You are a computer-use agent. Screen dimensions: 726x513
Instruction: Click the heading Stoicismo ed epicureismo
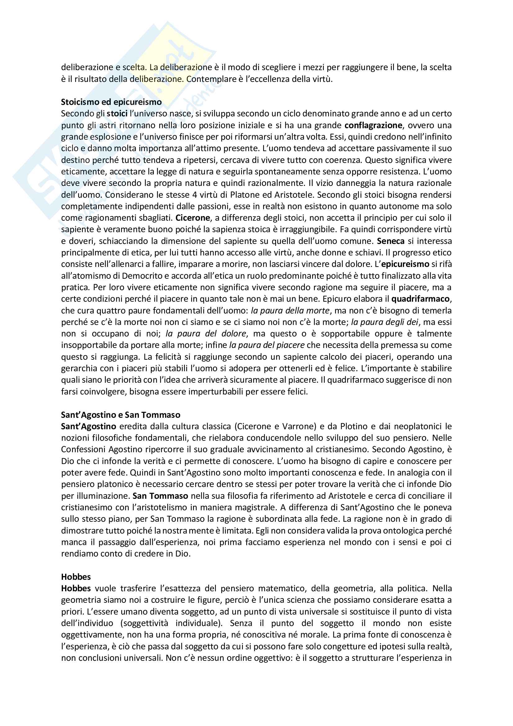click(111, 102)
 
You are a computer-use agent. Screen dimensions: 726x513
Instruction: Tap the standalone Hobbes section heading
click(76, 577)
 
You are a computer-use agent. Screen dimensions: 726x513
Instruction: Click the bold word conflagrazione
click(373, 125)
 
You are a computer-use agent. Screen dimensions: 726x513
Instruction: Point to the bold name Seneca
click(391, 241)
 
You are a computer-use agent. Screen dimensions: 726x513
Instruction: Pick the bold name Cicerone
click(193, 218)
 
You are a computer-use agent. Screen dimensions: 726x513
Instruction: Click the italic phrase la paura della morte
click(290, 310)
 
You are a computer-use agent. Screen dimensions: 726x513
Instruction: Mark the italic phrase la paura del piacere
click(267, 345)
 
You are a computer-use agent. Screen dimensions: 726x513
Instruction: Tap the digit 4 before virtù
click(195, 195)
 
